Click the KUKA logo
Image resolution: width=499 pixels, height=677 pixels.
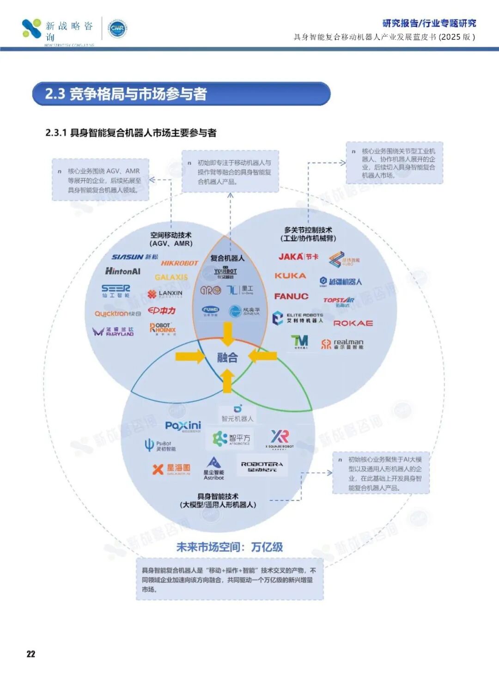pyautogui.click(x=290, y=275)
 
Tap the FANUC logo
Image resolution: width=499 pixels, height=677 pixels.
pyautogui.click(x=291, y=296)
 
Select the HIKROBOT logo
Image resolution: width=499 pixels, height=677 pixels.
pyautogui.click(x=179, y=263)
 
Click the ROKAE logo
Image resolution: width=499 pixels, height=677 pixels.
pyautogui.click(x=353, y=323)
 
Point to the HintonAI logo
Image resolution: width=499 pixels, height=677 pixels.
pyautogui.click(x=122, y=271)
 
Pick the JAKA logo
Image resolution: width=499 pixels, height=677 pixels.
pyautogui.click(x=298, y=256)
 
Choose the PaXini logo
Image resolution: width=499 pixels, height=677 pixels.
pyautogui.click(x=183, y=426)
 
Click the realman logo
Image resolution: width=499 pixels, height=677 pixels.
pyautogui.click(x=342, y=343)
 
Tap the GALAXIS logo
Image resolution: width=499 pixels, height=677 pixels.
pyautogui.click(x=171, y=277)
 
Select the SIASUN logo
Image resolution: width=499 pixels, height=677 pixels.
pyautogui.click(x=134, y=257)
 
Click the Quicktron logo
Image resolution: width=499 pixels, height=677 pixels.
pyautogui.click(x=118, y=313)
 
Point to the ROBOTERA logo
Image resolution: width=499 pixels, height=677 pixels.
pyautogui.click(x=262, y=466)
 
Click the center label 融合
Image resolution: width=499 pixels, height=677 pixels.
pyautogui.click(x=227, y=357)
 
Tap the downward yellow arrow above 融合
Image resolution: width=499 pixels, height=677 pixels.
pyautogui.click(x=228, y=334)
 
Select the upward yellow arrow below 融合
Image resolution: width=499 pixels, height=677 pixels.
pyautogui.click(x=227, y=382)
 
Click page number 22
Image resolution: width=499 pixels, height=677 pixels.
pyautogui.click(x=31, y=653)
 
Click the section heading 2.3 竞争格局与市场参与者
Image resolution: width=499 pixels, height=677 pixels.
pyautogui.click(x=126, y=94)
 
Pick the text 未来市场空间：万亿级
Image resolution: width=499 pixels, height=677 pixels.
pyautogui.click(x=230, y=547)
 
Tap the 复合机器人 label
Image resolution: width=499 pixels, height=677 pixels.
pyautogui.click(x=227, y=258)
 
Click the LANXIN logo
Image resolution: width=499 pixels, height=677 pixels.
pyautogui.click(x=165, y=293)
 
